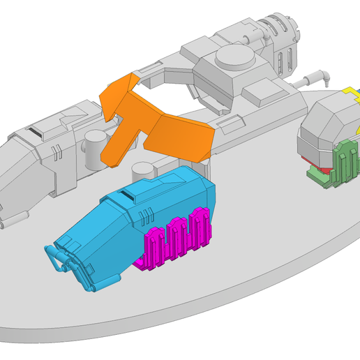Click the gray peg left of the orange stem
pyautogui.click(x=93, y=149)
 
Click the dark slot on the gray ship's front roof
pyautogui.click(x=34, y=131)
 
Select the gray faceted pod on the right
pyautogui.click(x=324, y=129)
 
